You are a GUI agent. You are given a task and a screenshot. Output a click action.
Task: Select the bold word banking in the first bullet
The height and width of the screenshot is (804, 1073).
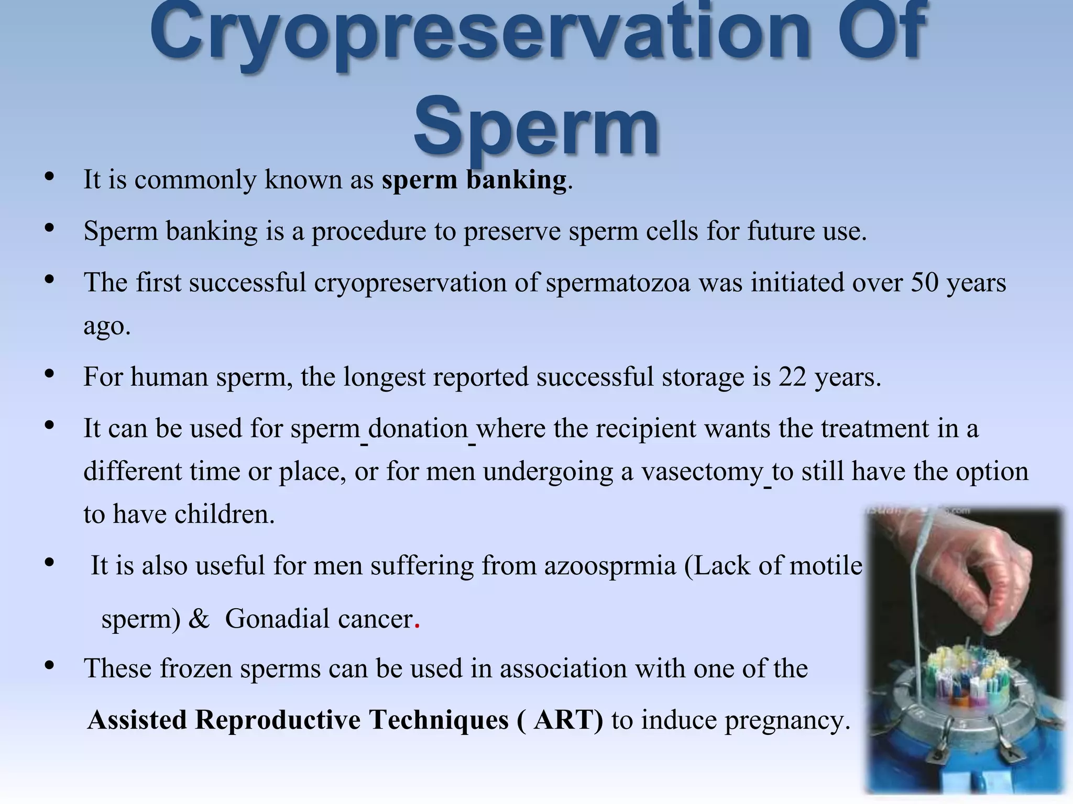coord(516,180)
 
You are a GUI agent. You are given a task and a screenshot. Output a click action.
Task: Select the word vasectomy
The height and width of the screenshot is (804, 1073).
coord(702,471)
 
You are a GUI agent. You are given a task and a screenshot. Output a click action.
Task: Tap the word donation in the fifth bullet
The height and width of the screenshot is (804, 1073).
coord(418,428)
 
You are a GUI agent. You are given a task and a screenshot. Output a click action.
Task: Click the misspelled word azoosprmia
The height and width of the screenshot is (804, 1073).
coord(610,566)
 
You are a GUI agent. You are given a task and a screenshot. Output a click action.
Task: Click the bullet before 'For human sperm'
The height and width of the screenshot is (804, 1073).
coord(50,374)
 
